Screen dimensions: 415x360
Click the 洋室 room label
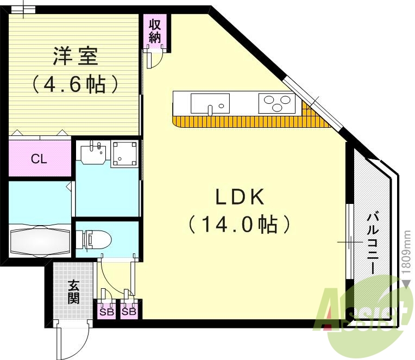click(x=76, y=56)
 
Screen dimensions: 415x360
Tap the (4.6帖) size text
click(x=75, y=84)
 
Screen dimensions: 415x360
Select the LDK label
click(x=240, y=197)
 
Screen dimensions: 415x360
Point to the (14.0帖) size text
click(x=240, y=225)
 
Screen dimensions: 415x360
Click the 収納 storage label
click(x=155, y=31)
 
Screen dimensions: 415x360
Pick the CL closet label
click(x=39, y=159)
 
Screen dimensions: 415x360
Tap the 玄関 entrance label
click(x=73, y=291)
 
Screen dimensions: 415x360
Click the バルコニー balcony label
click(x=373, y=243)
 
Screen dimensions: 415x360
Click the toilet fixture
click(x=93, y=240)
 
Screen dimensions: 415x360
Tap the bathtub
click(x=40, y=241)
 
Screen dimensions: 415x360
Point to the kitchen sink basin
click(x=210, y=103)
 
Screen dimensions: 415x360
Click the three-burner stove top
click(x=277, y=103)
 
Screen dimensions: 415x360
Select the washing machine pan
click(x=124, y=154)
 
